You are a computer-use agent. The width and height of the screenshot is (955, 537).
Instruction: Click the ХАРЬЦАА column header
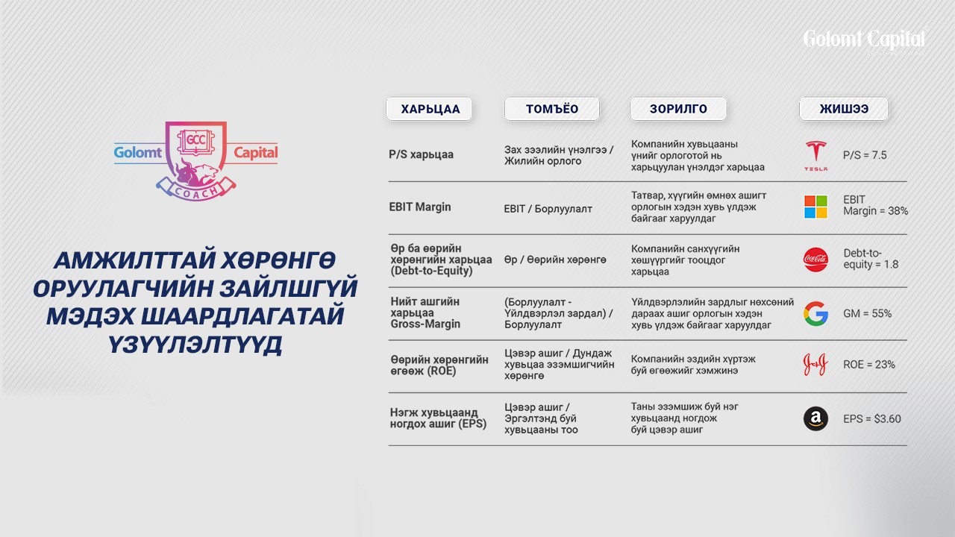point(429,109)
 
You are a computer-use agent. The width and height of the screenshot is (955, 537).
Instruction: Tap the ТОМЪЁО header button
point(551,109)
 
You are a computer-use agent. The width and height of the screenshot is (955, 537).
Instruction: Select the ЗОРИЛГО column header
point(678,109)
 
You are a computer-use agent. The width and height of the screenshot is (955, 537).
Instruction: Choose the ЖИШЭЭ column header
point(844,109)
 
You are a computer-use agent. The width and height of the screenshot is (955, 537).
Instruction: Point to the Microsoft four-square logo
point(815,207)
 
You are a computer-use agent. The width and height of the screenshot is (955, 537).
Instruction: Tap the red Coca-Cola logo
point(815,260)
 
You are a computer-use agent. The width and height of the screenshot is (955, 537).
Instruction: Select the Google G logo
point(815,313)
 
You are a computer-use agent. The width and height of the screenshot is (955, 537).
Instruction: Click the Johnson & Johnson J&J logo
point(815,365)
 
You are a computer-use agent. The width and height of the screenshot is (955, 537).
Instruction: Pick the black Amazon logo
point(815,418)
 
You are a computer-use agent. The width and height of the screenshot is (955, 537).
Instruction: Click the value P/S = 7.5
point(865,155)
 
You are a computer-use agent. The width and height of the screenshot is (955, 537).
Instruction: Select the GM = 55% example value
point(867,314)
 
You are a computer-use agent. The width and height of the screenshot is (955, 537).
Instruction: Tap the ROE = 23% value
point(869,365)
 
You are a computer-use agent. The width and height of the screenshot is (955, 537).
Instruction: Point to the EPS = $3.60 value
point(872,419)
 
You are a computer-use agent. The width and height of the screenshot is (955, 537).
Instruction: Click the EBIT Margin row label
point(420,207)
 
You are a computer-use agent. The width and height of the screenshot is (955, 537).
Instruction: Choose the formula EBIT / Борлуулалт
point(548,209)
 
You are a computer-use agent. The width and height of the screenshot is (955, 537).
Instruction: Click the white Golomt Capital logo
point(865,41)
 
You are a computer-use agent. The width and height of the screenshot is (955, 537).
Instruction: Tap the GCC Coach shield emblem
point(196,160)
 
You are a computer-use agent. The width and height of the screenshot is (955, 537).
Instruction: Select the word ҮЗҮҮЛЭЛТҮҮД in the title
point(195,345)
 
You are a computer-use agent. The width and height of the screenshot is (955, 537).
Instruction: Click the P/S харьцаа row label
point(421,154)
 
